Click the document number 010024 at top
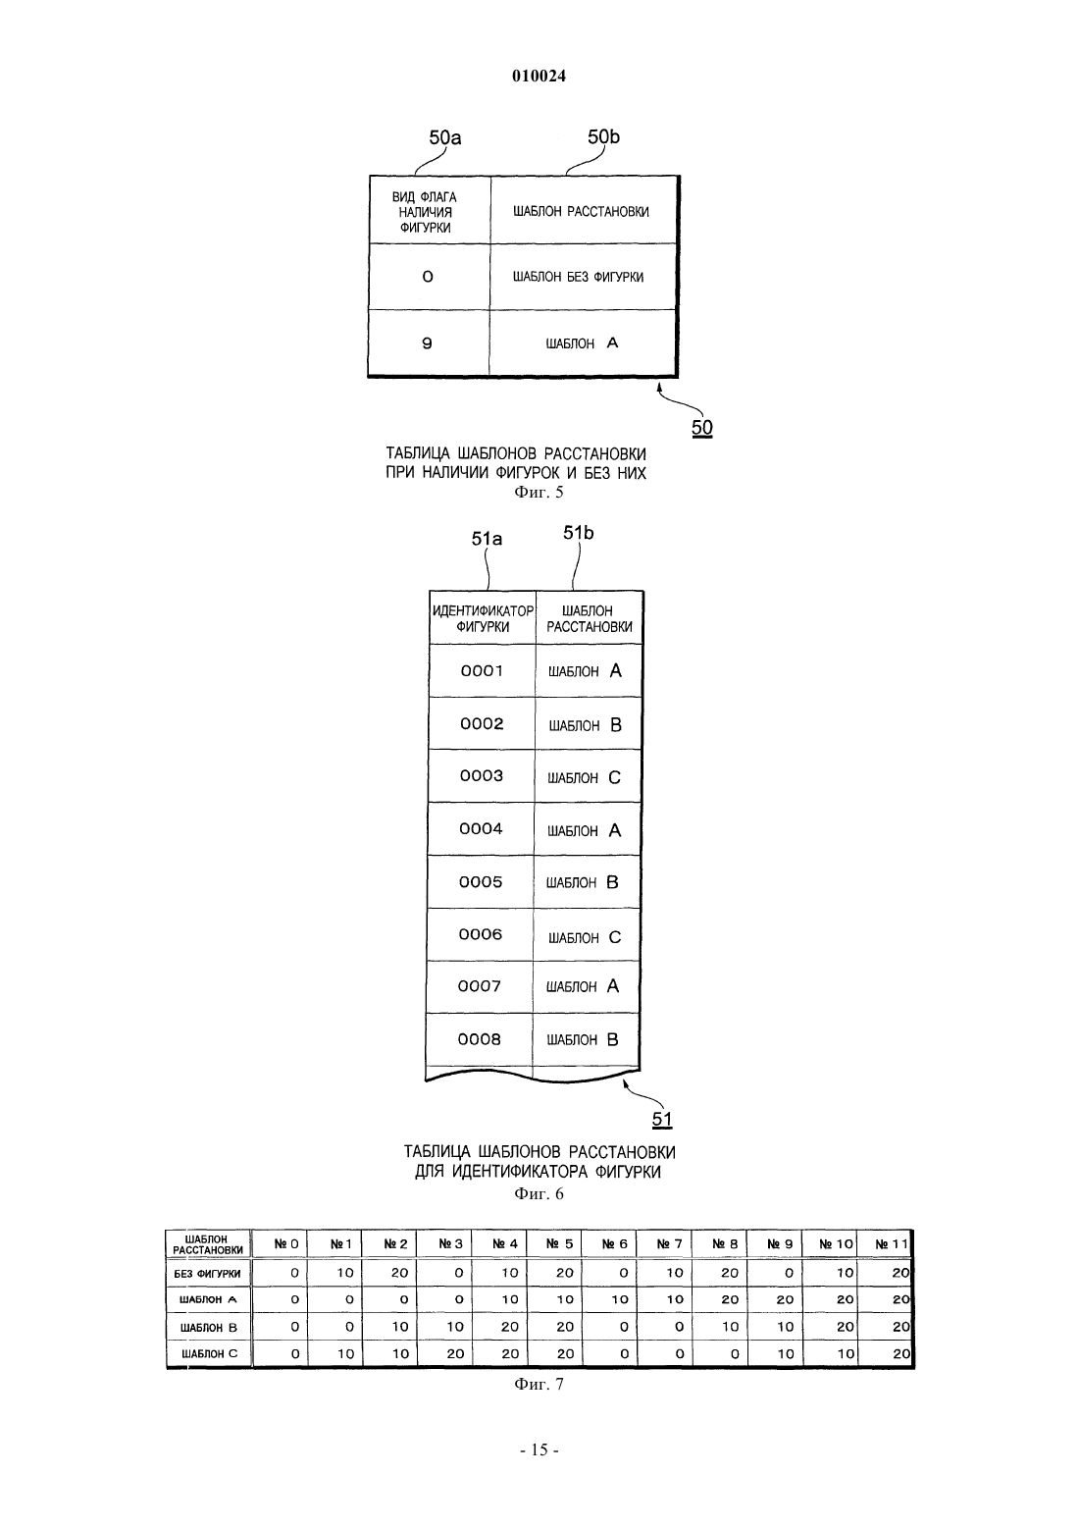pyautogui.click(x=539, y=76)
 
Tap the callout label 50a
pyautogui.click(x=444, y=137)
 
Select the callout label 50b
pyautogui.click(x=603, y=137)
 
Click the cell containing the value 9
pyautogui.click(x=428, y=342)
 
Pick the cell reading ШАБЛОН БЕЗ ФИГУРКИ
pyautogui.click(x=583, y=277)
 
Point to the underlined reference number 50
pyautogui.click(x=701, y=428)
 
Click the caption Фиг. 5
pyautogui.click(x=539, y=493)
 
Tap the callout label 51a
pyautogui.click(x=487, y=539)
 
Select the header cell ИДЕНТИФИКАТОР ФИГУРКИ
pyautogui.click(x=483, y=618)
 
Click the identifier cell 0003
pyautogui.click(x=482, y=776)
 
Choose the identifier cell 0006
pyautogui.click(x=481, y=934)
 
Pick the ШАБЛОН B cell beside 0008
pyautogui.click(x=586, y=1039)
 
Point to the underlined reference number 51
pyautogui.click(x=662, y=1119)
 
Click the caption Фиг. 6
pyautogui.click(x=539, y=1193)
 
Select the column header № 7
pyautogui.click(x=669, y=1244)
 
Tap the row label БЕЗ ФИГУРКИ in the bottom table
pyautogui.click(x=208, y=1274)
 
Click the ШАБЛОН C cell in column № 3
pyautogui.click(x=444, y=1354)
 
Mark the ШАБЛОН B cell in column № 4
pyautogui.click(x=499, y=1327)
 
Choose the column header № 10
pyautogui.click(x=835, y=1244)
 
